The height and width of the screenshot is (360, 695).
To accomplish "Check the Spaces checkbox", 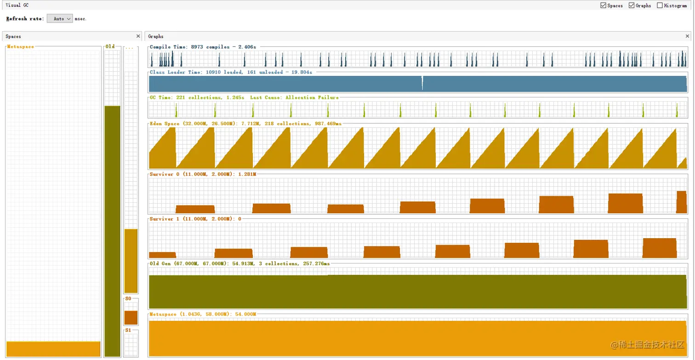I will (603, 6).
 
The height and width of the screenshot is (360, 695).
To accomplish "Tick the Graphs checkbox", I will (632, 6).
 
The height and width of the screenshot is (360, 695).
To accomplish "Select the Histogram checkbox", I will (660, 6).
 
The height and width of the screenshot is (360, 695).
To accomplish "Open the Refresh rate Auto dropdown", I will (60, 19).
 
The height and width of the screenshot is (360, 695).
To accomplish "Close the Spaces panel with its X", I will (138, 36).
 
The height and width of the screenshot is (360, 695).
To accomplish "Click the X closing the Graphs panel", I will (687, 36).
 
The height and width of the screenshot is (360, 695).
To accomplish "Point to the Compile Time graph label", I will (203, 47).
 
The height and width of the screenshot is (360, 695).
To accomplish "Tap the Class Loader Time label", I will (231, 72).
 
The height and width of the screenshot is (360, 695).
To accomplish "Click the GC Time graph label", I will (244, 97).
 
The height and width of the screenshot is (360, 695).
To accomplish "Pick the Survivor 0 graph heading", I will (203, 174).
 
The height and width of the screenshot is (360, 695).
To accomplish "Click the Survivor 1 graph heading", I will (195, 219).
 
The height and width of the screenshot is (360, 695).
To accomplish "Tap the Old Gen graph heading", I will (239, 263).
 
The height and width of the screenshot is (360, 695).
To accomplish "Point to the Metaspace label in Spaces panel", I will (21, 46).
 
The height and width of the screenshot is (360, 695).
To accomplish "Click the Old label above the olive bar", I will (110, 46).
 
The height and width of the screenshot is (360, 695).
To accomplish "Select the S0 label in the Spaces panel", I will (128, 299).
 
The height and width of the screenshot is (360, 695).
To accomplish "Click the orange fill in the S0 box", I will (131, 318).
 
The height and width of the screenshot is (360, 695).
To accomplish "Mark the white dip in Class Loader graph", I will (422, 83).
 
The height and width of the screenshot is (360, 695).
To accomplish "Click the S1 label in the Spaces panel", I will (128, 330).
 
